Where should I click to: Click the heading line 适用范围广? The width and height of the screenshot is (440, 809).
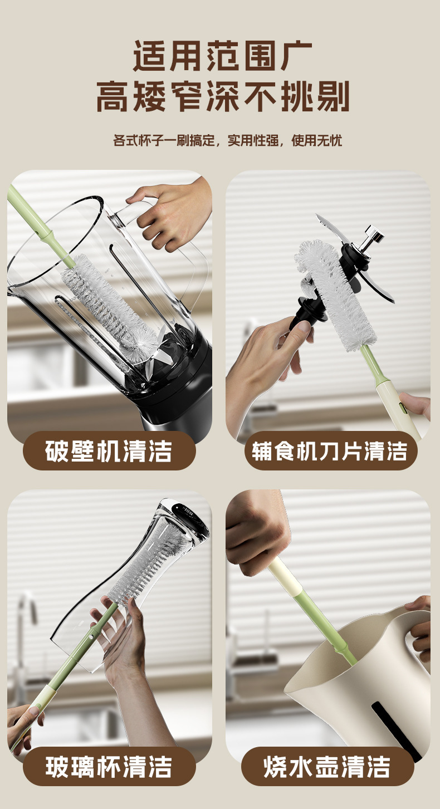tap(223, 56)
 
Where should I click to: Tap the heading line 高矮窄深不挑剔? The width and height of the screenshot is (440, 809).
tap(223, 96)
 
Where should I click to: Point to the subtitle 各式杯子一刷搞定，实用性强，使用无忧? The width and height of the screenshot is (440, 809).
tap(228, 140)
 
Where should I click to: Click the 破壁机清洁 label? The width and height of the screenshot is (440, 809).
tap(109, 451)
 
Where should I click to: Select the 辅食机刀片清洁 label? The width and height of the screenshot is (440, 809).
tap(330, 451)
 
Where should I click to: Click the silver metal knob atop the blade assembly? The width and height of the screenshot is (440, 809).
tap(372, 237)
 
